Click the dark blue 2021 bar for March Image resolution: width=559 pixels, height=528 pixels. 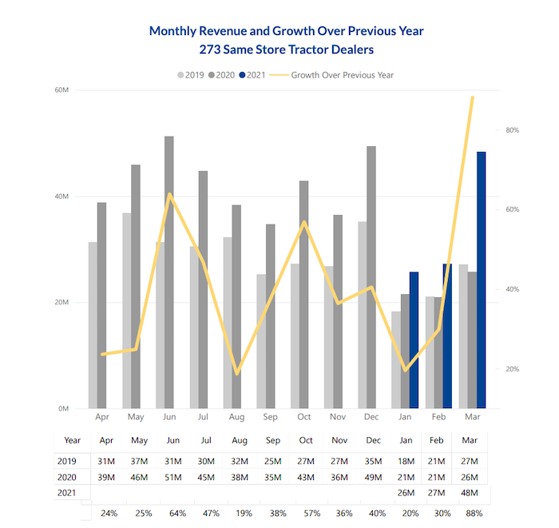point(482,280)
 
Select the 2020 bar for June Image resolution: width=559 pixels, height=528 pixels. point(169,272)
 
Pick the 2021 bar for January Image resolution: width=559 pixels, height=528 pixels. point(414,340)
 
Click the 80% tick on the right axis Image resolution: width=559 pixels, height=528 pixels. point(513,129)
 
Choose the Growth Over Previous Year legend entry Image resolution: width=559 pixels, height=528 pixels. point(340,75)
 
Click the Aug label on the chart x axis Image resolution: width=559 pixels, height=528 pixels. point(236,417)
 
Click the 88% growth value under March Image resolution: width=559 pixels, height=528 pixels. point(474,513)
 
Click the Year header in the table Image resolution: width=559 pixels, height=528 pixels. point(73,439)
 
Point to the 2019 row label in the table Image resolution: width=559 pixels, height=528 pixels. point(67,461)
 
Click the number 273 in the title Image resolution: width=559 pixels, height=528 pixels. point(201,50)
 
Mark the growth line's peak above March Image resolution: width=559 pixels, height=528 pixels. point(472,97)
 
